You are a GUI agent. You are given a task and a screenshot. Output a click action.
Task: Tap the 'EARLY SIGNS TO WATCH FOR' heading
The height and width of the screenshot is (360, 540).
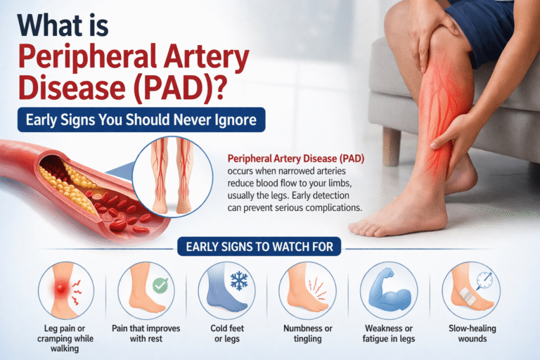pos(269,247)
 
